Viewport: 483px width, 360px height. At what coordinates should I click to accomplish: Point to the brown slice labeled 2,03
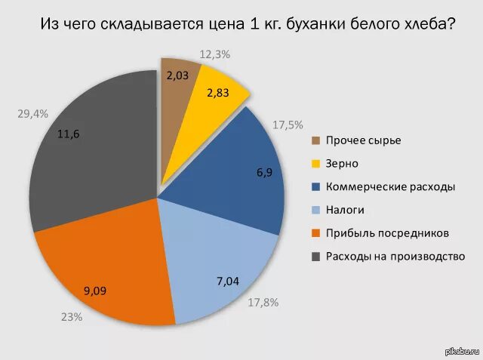178,75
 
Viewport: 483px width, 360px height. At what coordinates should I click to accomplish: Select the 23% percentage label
72,317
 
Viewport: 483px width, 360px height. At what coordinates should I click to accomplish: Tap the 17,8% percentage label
263,303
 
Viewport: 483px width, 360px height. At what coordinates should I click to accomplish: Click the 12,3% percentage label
214,54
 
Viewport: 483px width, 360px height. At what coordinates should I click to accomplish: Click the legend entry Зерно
342,163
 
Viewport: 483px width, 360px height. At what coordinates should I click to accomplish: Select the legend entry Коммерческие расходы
389,186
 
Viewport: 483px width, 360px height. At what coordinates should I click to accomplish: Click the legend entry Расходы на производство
394,256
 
